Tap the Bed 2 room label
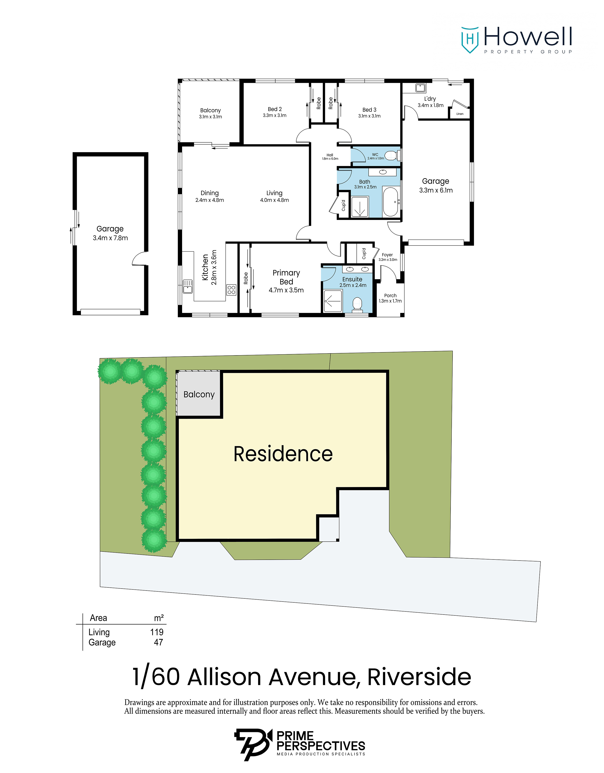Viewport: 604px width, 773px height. click(x=275, y=109)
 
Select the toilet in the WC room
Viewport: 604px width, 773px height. click(x=391, y=155)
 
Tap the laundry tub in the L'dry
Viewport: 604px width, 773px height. click(x=420, y=87)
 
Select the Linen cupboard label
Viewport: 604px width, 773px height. click(x=460, y=114)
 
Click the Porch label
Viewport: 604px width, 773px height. click(x=390, y=295)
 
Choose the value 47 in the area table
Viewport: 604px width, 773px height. click(x=158, y=642)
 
